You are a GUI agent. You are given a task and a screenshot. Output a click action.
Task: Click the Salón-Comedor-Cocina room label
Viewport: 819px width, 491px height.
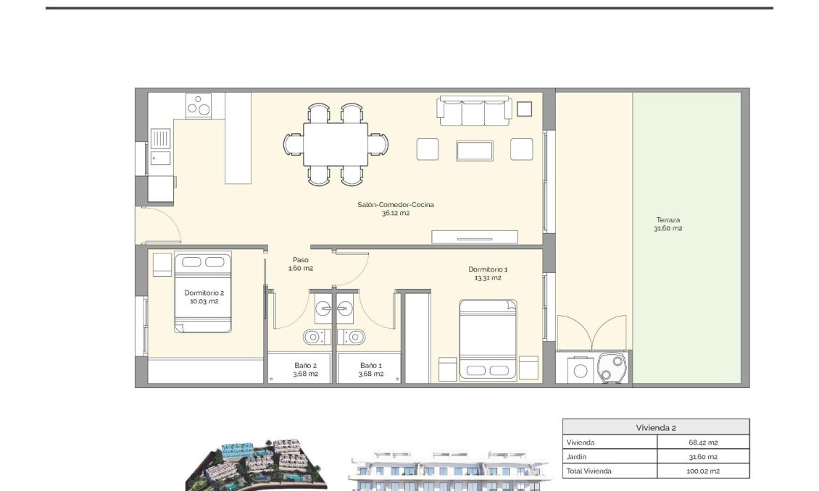pyautogui.click(x=396, y=209)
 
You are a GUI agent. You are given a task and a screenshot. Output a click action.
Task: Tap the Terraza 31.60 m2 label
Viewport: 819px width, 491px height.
pyautogui.click(x=668, y=224)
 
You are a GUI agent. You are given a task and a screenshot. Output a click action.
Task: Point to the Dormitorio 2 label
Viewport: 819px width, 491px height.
pyautogui.click(x=204, y=297)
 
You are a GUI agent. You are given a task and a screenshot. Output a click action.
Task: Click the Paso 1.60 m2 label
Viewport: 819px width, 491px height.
pyautogui.click(x=300, y=264)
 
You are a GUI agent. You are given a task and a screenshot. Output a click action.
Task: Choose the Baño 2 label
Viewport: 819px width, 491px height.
pyautogui.click(x=304, y=369)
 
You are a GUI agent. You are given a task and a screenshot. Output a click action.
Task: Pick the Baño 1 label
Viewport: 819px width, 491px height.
pyautogui.click(x=370, y=369)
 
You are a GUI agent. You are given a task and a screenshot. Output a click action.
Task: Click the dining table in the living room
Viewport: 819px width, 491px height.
pyautogui.click(x=335, y=144)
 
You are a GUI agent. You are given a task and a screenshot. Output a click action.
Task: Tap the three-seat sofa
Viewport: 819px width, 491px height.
pyautogui.click(x=474, y=111)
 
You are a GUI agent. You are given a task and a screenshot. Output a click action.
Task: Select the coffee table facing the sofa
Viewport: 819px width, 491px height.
pyautogui.click(x=475, y=151)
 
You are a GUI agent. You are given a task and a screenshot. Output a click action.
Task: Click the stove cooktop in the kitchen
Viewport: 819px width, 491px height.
pyautogui.click(x=199, y=106)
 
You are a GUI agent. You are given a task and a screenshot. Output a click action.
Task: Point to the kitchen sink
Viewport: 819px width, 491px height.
pyautogui.click(x=161, y=138)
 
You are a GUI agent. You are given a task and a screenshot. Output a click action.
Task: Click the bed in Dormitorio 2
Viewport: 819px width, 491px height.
pyautogui.click(x=202, y=293)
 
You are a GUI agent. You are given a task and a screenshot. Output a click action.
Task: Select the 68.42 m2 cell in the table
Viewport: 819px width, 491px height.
pyautogui.click(x=702, y=442)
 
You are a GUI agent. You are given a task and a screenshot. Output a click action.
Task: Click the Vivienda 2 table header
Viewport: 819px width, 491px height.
pyautogui.click(x=655, y=427)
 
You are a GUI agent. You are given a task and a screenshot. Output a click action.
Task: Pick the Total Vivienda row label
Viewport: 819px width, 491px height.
pyautogui.click(x=589, y=471)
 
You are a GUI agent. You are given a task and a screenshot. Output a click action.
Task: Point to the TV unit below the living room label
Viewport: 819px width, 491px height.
pyautogui.click(x=474, y=237)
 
